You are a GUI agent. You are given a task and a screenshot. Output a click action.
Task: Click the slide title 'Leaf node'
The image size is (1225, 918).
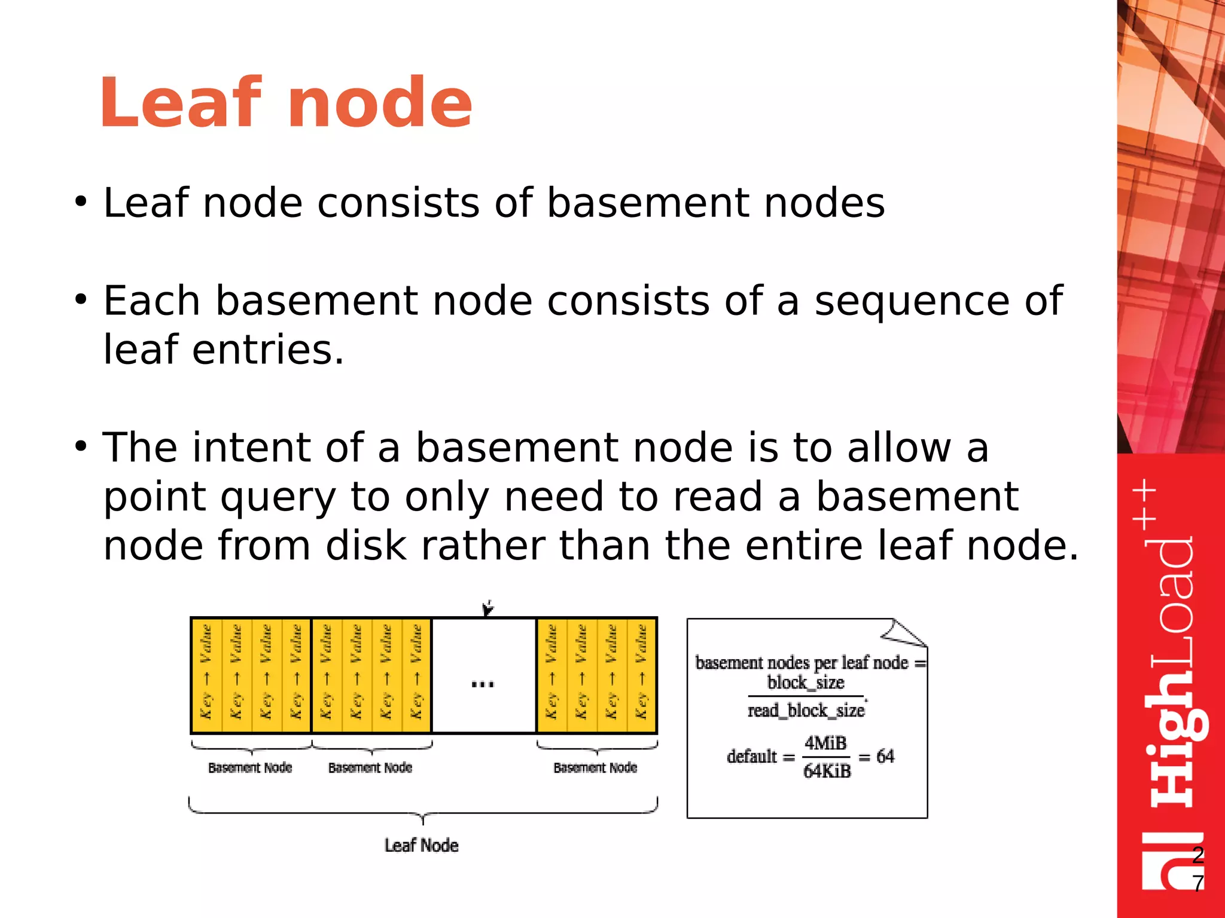[286, 103]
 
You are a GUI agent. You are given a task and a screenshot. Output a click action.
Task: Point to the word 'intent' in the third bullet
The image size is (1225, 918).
[252, 448]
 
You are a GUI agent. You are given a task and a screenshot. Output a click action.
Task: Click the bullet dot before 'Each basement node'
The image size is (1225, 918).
[81, 299]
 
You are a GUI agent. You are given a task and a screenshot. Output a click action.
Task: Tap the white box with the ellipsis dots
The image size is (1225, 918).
[483, 675]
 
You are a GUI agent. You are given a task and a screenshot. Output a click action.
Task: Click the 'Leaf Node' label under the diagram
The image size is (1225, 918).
[422, 845]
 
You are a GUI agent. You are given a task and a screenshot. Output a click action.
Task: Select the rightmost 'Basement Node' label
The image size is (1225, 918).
[595, 767]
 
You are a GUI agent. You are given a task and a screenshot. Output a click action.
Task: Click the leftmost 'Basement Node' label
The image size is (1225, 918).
[250, 767]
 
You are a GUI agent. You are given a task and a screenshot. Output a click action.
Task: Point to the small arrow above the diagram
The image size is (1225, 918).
[488, 608]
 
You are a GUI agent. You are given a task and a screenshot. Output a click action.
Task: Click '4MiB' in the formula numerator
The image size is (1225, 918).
[825, 743]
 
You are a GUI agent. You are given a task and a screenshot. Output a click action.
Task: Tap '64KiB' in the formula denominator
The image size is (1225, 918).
[827, 771]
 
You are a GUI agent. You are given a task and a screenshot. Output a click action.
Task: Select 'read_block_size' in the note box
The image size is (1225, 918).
[806, 710]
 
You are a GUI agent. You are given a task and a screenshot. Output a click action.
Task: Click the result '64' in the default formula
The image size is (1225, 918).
[885, 757]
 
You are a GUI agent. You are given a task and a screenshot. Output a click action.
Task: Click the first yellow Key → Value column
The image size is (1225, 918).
[207, 674]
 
